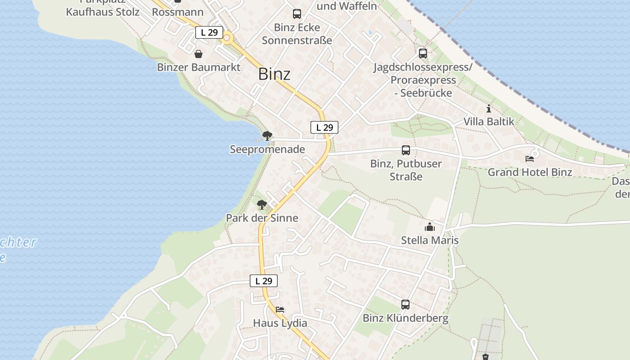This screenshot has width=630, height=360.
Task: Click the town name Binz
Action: (274, 74)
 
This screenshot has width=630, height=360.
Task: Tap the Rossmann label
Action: (177, 12)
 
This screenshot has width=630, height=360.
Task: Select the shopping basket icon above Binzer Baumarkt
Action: (198, 54)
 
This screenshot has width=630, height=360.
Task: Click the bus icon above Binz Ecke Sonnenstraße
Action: (297, 14)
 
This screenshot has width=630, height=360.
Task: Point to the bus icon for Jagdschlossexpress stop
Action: (423, 54)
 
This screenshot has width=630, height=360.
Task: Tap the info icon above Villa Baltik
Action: (488, 109)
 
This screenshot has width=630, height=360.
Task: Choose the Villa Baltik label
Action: (489, 121)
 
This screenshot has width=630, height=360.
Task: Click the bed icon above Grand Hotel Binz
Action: (530, 159)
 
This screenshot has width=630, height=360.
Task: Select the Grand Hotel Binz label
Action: (530, 172)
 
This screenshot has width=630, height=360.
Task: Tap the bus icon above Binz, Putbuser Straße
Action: (405, 150)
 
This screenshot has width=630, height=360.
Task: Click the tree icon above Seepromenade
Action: (267, 135)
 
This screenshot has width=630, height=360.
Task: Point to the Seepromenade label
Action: (267, 149)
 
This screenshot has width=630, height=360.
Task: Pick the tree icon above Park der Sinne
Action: (261, 205)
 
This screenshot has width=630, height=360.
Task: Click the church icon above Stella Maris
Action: (430, 227)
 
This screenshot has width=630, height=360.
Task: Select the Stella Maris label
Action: (430, 240)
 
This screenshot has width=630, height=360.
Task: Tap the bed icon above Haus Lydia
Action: (280, 310)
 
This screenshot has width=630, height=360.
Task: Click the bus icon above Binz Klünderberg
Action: (405, 305)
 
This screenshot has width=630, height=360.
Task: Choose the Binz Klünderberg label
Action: (405, 318)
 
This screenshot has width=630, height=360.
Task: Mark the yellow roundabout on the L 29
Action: (227, 38)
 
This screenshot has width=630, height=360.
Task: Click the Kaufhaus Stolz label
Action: (103, 12)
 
